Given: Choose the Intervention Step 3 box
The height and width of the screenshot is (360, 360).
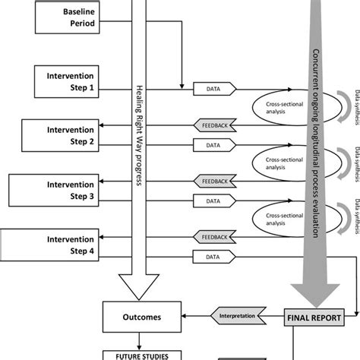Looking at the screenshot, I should pos(61,189).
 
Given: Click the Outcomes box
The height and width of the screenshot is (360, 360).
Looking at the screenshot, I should pos(141,317).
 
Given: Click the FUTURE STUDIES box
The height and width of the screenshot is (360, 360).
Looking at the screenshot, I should pos(141,353).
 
